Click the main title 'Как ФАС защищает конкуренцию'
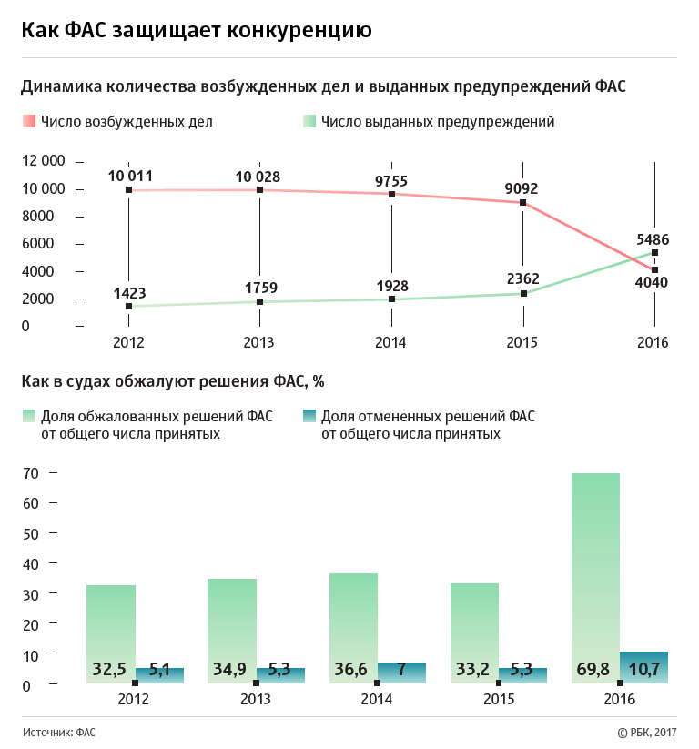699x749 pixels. pos(197,30)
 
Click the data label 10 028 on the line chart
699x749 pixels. pos(259,177)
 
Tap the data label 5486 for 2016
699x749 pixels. pos(653,239)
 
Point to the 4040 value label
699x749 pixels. pos(652,282)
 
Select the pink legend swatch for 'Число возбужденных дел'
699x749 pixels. pos(28,121)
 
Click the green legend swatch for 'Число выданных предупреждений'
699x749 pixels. pos(309,121)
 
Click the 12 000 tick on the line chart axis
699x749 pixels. pos(43,161)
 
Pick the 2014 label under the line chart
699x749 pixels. pos(391,343)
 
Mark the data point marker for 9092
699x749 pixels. pos(522,203)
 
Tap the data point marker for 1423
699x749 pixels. pos(128,307)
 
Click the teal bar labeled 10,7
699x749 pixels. pos(643,667)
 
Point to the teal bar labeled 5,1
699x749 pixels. pos(159,675)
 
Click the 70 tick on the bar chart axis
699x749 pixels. pos(30,473)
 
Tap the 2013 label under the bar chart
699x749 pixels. pos(256,700)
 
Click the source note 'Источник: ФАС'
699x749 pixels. pos(60,732)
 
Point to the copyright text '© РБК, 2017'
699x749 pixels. pos(647,732)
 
